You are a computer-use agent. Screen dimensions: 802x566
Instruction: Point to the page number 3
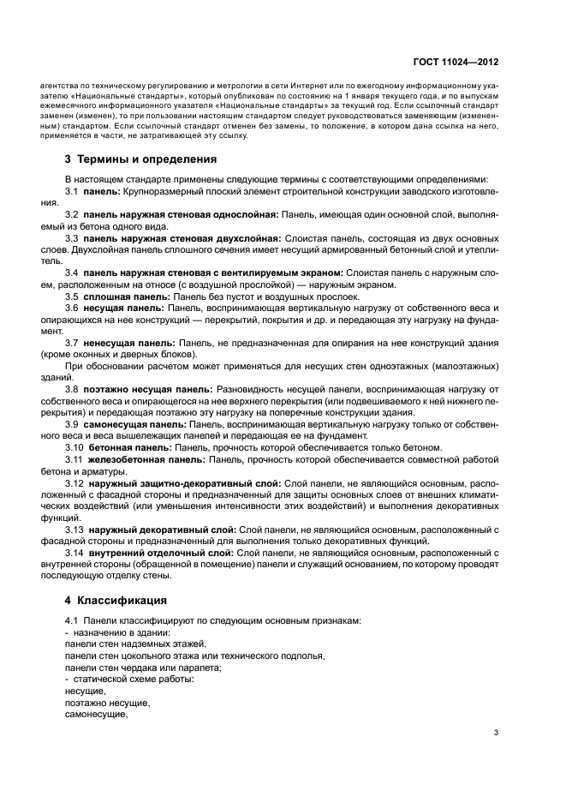point(496,733)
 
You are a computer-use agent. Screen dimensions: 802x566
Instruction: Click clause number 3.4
point(72,272)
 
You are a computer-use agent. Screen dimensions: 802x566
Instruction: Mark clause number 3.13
point(74,530)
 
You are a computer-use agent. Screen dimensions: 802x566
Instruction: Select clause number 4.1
point(72,620)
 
